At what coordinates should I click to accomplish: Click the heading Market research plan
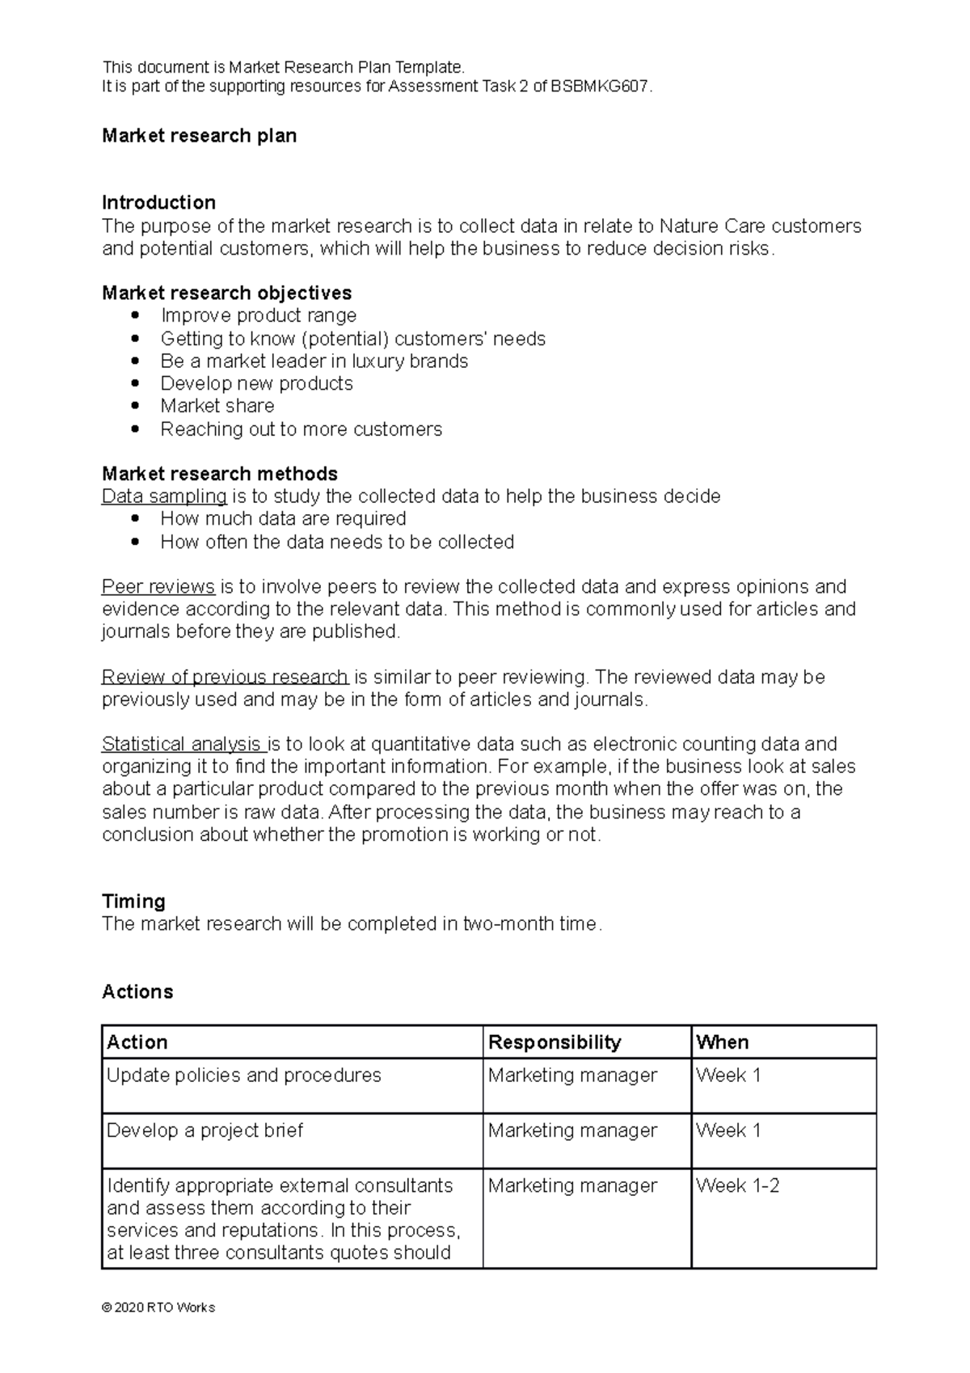coord(199,136)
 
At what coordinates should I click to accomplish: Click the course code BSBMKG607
coord(600,87)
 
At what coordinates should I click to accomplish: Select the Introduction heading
coord(158,202)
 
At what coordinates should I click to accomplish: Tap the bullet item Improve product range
coord(258,315)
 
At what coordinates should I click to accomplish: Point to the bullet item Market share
coord(217,406)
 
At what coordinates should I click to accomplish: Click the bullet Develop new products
coord(256,383)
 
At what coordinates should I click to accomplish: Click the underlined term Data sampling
coord(164,496)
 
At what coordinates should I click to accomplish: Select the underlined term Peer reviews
coord(158,586)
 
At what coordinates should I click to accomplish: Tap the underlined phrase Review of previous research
coord(225,677)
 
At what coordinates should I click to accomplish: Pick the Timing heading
coord(133,901)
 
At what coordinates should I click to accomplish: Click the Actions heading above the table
coord(137,992)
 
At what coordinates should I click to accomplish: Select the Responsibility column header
coord(555,1042)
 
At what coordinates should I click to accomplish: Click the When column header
coord(723,1042)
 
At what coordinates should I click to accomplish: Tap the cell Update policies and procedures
coord(243,1075)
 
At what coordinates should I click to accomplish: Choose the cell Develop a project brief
coord(205,1130)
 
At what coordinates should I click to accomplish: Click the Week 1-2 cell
coord(737,1186)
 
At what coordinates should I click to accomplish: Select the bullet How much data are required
coord(283,518)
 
